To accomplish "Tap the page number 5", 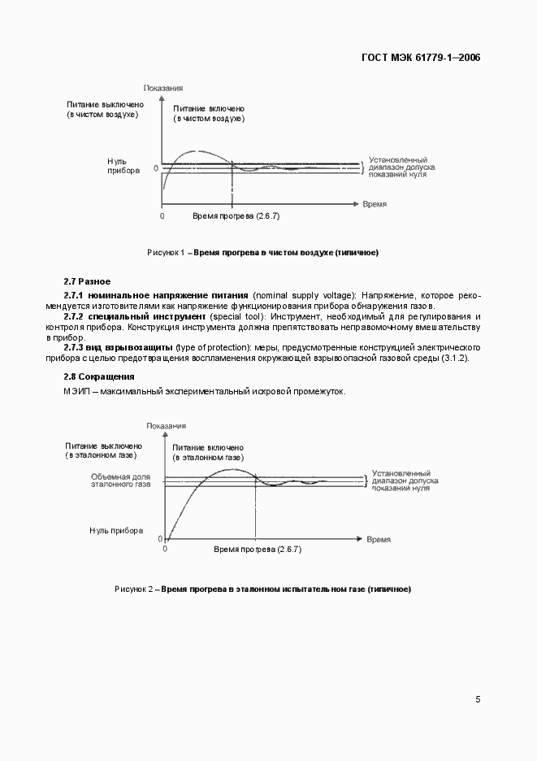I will click(x=478, y=698).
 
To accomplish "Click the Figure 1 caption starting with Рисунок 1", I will click(x=262, y=253).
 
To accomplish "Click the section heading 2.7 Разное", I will click(x=87, y=280).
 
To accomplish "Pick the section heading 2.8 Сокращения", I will click(x=99, y=376).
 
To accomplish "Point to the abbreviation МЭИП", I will click(x=78, y=391).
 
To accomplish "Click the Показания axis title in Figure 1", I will click(x=162, y=87).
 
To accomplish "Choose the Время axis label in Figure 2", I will click(x=378, y=539).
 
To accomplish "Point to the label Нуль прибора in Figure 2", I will click(x=116, y=530).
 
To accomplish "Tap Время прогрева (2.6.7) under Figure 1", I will click(x=236, y=216).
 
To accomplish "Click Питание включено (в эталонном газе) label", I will click(x=208, y=452).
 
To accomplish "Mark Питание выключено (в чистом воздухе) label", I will click(x=106, y=110).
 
